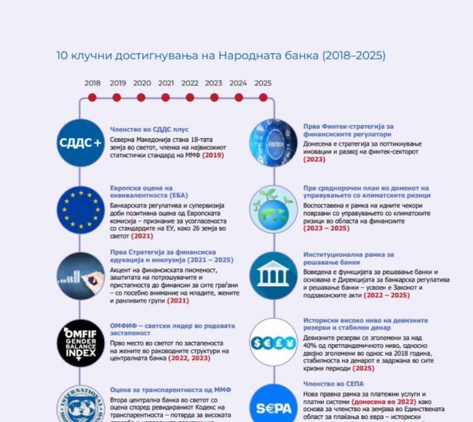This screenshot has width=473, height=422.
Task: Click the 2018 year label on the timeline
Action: (x=92, y=83)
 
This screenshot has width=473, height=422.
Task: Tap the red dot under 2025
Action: (x=263, y=97)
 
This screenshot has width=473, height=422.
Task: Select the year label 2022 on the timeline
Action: (x=190, y=83)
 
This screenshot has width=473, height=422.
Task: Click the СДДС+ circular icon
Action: (x=80, y=142)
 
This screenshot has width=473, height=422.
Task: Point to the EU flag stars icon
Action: (x=80, y=209)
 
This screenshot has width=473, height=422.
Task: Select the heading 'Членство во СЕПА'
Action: (x=334, y=383)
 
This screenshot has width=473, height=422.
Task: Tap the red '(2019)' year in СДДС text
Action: (x=213, y=155)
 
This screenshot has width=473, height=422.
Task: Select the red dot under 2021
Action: (x=165, y=97)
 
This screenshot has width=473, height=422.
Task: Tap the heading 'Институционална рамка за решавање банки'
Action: (x=349, y=258)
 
